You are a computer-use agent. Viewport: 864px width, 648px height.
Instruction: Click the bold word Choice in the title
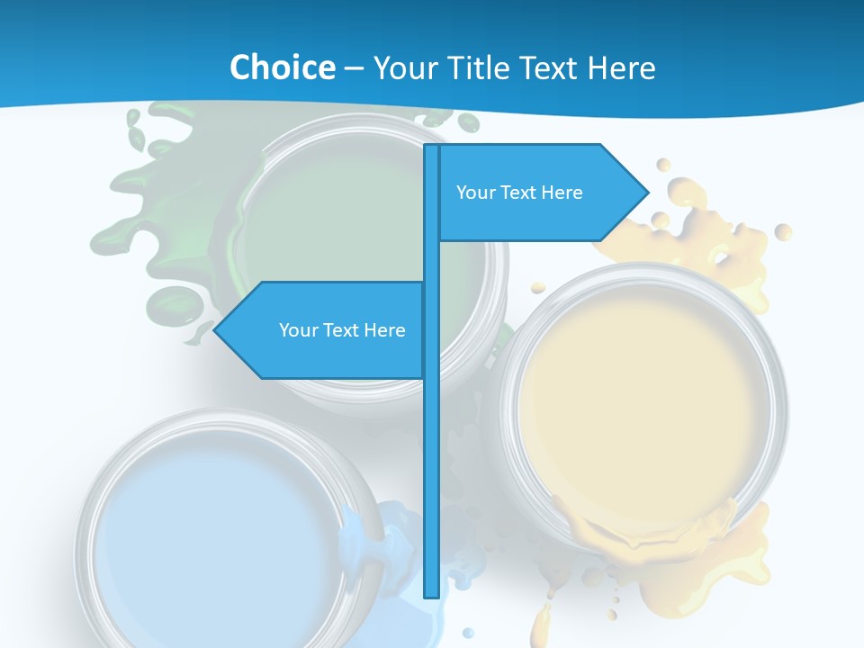tap(282, 67)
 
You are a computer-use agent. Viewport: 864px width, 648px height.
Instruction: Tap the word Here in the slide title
tap(621, 67)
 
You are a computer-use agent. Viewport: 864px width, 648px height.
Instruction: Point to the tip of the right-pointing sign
tap(647, 192)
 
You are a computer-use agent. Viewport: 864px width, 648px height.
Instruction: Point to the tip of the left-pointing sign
tap(215, 330)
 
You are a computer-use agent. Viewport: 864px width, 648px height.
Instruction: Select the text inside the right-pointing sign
tap(519, 193)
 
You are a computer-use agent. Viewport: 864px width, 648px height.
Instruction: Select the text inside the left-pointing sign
tap(342, 330)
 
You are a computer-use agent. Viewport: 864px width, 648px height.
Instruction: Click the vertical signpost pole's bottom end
tap(431, 594)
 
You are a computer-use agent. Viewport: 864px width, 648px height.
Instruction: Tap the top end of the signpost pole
tap(431, 148)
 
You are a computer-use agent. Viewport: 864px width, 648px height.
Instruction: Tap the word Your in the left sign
tap(297, 330)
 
